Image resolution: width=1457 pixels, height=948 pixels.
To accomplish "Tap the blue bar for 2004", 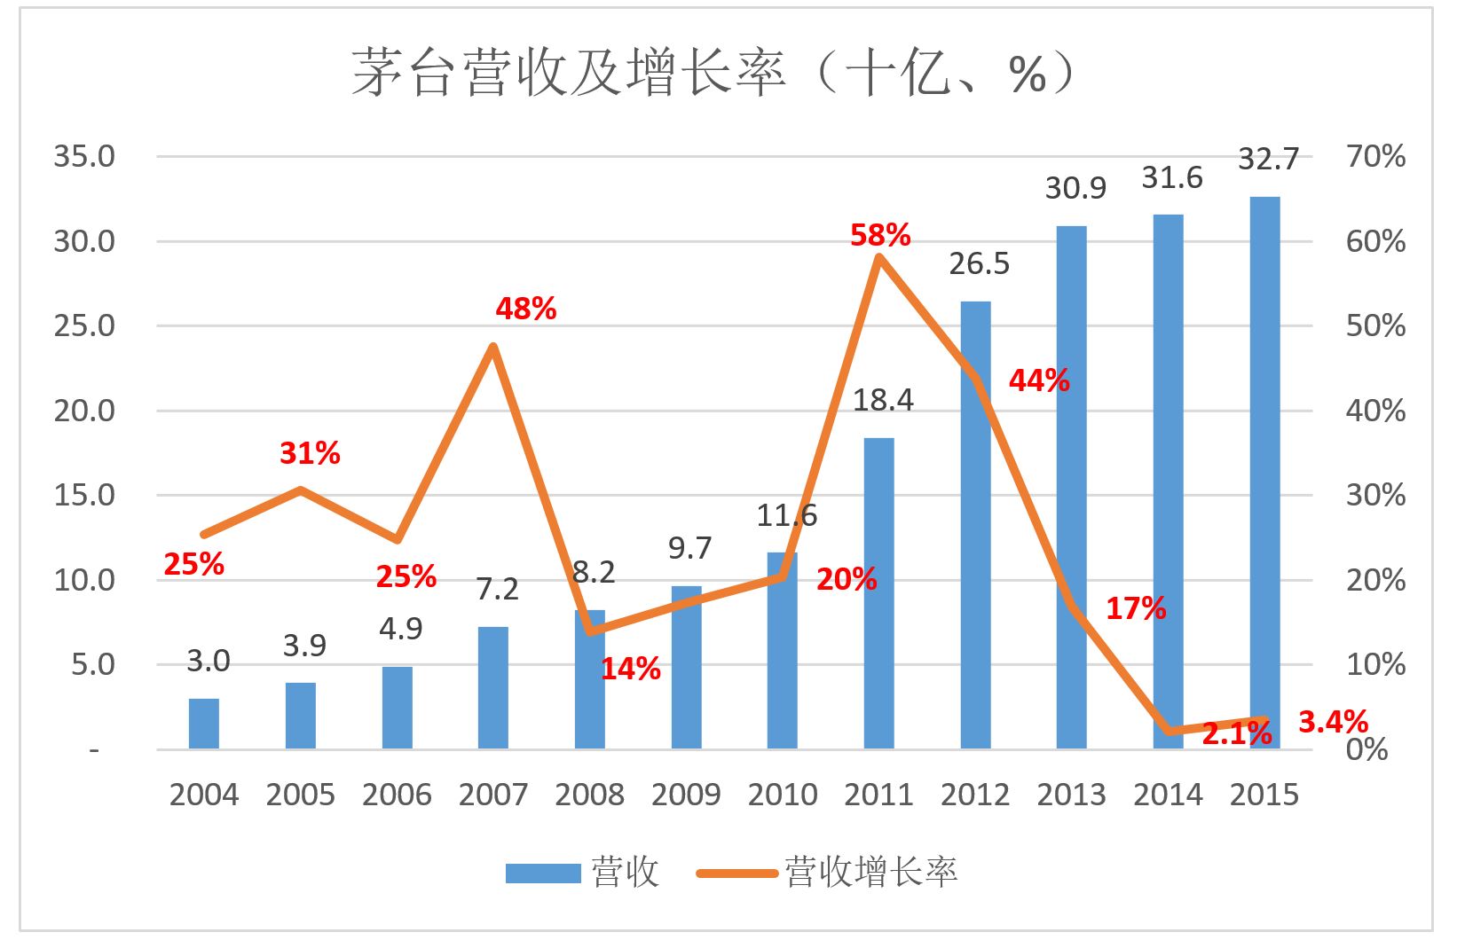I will coord(203,724).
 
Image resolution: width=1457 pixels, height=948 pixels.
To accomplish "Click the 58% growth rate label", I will coord(880,235).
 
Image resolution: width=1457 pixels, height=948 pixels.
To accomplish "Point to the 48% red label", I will coord(526,309).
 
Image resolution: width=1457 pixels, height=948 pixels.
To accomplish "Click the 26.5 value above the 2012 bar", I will coord(980,264).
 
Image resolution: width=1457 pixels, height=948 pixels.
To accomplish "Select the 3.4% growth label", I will coord(1333,722).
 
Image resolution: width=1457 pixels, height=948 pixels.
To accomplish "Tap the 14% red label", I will coord(630,669).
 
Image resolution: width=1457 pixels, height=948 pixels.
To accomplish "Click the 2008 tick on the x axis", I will coord(589,795).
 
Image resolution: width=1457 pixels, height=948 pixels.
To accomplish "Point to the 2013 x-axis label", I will coord(1071,795).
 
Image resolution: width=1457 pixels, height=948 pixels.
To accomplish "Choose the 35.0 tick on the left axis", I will coord(84,157).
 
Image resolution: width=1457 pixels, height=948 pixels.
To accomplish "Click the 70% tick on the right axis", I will coord(1375,157).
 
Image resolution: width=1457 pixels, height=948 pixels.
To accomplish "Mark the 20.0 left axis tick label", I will coord(84,411).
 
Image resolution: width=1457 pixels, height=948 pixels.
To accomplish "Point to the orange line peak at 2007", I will coord(493,347).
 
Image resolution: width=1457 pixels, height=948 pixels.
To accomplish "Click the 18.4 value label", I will coord(883,400).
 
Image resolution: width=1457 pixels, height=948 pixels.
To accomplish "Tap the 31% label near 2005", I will coord(310,453).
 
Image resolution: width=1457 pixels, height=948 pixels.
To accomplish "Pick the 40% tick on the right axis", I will coord(1375,411).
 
